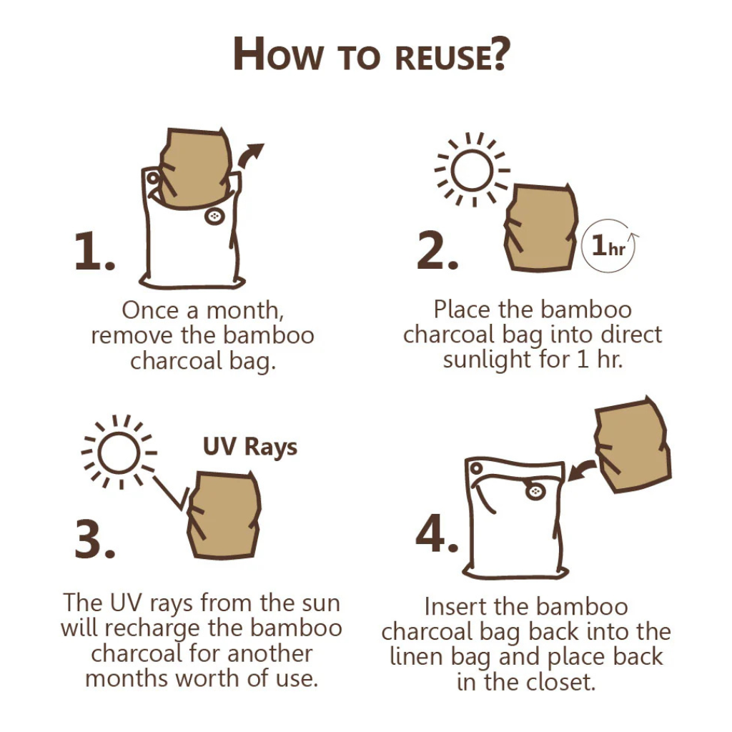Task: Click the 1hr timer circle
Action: click(610, 246)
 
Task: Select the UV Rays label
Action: click(250, 447)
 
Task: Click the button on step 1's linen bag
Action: click(214, 216)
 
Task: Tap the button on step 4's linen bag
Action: click(535, 491)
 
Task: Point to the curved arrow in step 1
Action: click(249, 155)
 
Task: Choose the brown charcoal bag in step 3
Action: click(223, 515)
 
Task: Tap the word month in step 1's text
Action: click(244, 311)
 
